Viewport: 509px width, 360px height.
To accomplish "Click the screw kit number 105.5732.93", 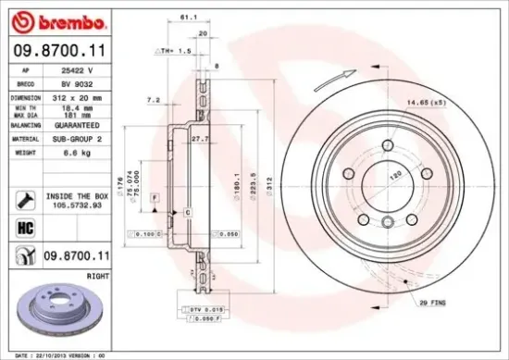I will click(x=76, y=206).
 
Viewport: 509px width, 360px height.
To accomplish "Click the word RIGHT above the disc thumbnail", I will click(x=96, y=275).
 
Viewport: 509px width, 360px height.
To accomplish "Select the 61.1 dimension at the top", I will click(x=188, y=17).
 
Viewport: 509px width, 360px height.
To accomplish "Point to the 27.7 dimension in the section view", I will click(x=195, y=138).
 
